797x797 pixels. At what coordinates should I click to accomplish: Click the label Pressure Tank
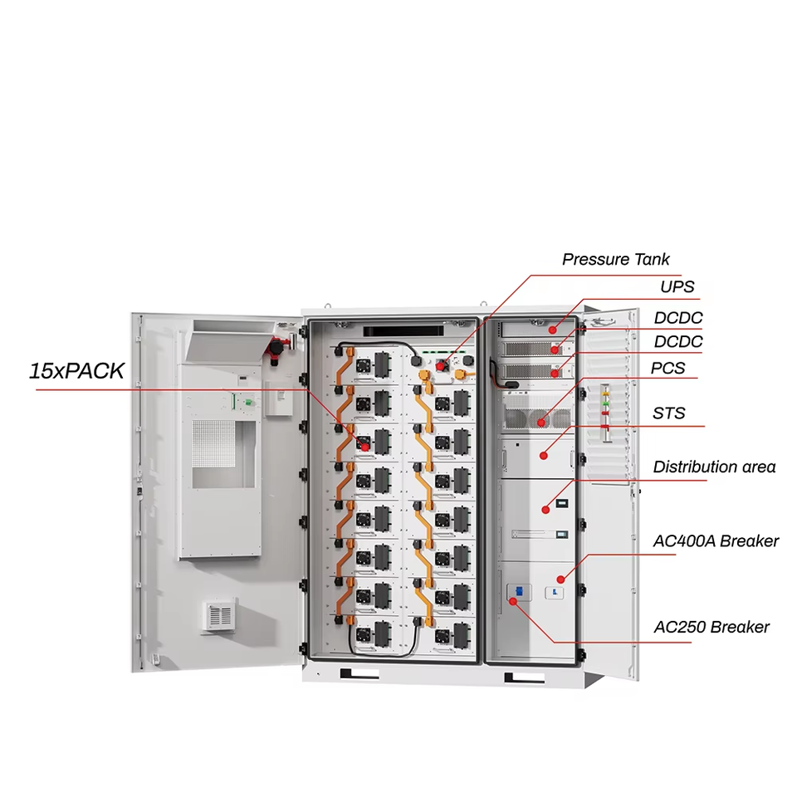click(x=615, y=260)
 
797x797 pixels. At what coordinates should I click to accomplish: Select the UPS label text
click(x=677, y=287)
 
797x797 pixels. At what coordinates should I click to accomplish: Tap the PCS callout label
click(x=667, y=368)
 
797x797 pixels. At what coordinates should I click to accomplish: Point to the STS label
click(x=668, y=413)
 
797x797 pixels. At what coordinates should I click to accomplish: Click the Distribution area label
click(x=714, y=467)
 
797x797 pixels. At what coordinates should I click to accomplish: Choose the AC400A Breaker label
click(x=716, y=541)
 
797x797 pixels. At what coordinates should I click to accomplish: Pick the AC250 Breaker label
click(x=711, y=628)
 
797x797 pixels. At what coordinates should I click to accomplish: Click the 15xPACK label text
click(x=76, y=371)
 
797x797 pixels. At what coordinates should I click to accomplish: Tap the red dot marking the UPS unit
click(x=553, y=330)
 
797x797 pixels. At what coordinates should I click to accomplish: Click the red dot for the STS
click(x=543, y=456)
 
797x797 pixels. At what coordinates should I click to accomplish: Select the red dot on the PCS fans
click(x=540, y=423)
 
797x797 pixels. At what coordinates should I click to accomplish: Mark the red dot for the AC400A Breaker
click(x=560, y=579)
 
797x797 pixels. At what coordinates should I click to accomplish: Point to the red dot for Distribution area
click(x=545, y=509)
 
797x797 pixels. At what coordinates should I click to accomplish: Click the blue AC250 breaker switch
click(x=519, y=591)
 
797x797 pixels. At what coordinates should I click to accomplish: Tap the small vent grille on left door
click(x=220, y=615)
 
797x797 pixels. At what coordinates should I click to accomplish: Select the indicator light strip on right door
click(x=605, y=413)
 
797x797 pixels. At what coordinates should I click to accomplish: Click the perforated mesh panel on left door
click(x=214, y=443)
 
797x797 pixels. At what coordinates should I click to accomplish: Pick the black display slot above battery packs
click(x=403, y=331)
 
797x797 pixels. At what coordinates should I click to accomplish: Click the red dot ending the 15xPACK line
click(x=365, y=447)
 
